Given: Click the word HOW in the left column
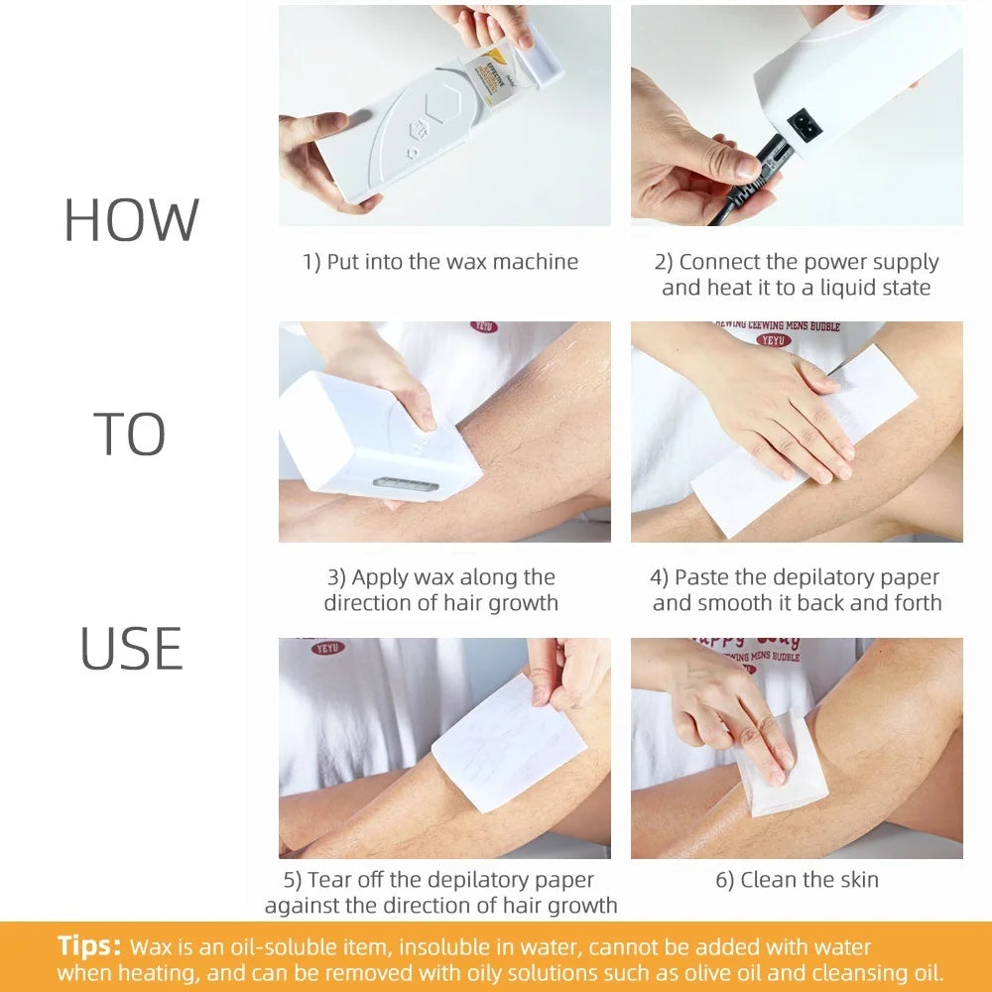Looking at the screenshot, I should [x=131, y=220].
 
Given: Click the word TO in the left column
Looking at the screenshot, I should [x=130, y=434].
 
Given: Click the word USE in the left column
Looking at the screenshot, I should [x=131, y=649].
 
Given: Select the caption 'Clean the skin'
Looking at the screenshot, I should [x=797, y=879].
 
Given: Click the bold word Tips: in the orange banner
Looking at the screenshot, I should [x=89, y=945].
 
